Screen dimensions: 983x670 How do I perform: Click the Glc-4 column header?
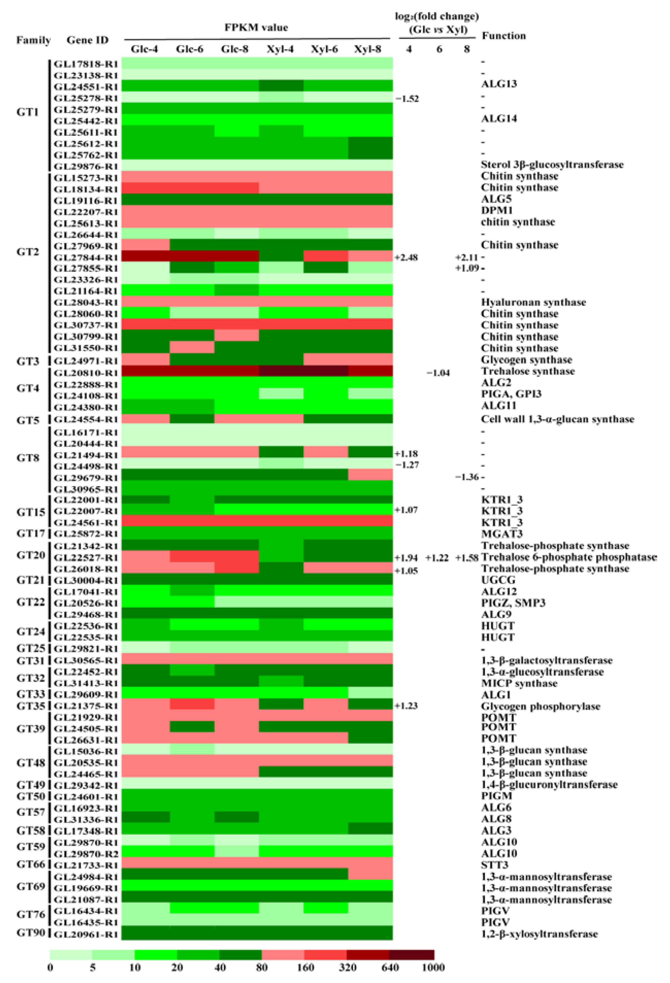(144, 49)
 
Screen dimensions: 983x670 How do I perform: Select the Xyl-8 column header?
(368, 49)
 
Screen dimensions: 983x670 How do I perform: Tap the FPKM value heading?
(256, 28)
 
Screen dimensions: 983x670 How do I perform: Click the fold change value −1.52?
(407, 99)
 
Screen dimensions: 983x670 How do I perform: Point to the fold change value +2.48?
(406, 257)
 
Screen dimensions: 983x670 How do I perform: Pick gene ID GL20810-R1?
(86, 373)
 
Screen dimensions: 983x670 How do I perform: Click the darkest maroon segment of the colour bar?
(411, 955)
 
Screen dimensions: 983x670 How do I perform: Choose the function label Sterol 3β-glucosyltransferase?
(552, 164)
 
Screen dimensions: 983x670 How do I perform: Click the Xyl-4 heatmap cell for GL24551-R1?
(281, 86)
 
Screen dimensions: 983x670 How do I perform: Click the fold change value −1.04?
(438, 373)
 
